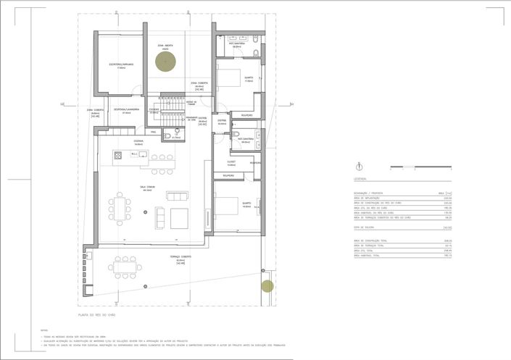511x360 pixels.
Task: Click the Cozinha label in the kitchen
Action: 138,143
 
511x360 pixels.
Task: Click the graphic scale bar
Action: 420,167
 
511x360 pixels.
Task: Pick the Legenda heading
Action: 361,178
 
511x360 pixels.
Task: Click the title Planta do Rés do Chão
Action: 99,316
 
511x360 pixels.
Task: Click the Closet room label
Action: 231,163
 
